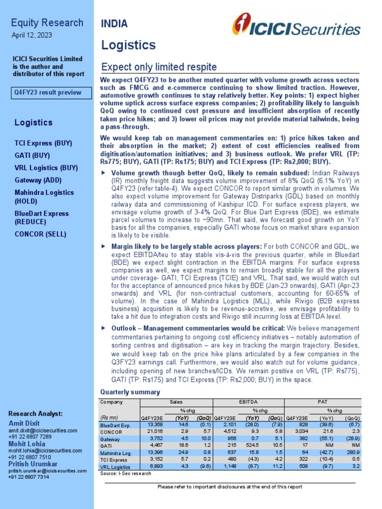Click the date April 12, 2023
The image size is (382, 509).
tap(31, 36)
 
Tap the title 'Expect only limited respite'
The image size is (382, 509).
tap(159, 67)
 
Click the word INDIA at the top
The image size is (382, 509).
tap(114, 24)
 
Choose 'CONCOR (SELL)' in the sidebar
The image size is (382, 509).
tap(40, 234)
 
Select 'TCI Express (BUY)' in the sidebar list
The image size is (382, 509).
tap(43, 143)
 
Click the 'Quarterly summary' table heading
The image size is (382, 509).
tap(130, 392)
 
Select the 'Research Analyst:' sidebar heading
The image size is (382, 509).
tap(36, 414)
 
